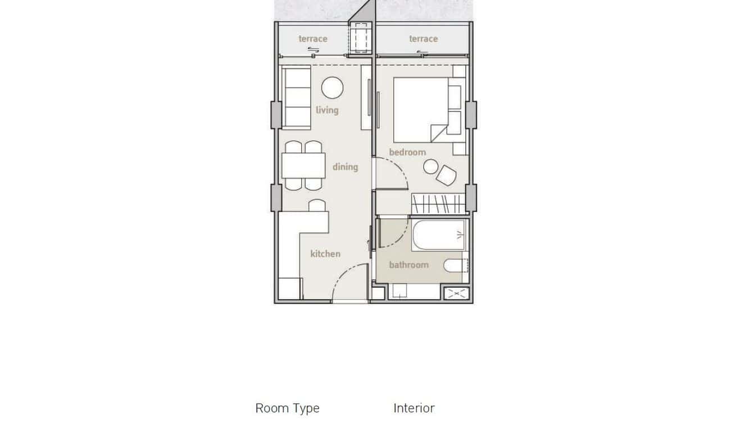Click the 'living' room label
(x=327, y=110)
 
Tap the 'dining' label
(x=345, y=166)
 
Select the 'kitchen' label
(x=325, y=254)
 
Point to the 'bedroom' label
(x=407, y=152)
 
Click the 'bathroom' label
(x=408, y=264)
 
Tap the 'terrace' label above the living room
(x=313, y=39)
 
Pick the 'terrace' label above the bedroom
(x=423, y=39)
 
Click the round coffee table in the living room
(x=332, y=88)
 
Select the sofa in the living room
(x=297, y=98)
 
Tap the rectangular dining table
(x=303, y=166)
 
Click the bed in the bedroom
(x=421, y=110)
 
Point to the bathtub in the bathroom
(x=439, y=235)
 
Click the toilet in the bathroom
(x=455, y=265)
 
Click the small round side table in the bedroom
(x=431, y=167)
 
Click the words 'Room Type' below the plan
(x=287, y=408)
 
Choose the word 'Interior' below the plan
(x=414, y=408)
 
